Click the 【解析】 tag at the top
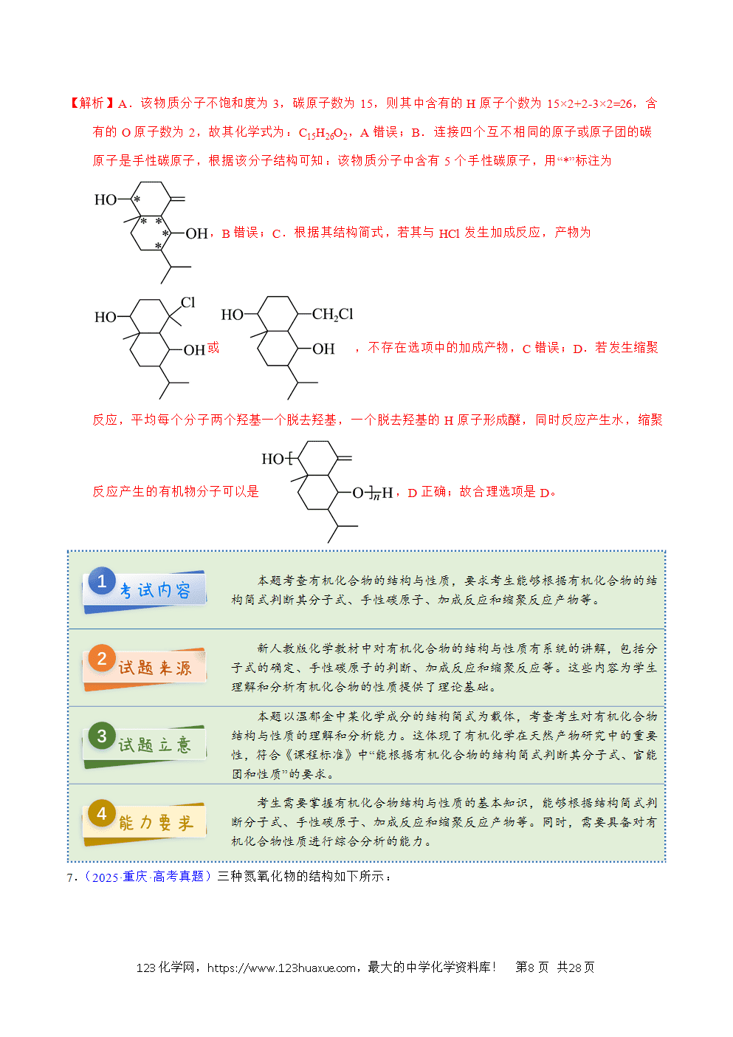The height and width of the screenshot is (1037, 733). click(x=92, y=103)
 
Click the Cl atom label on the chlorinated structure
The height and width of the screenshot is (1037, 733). click(x=187, y=302)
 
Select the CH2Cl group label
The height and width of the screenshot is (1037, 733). click(x=332, y=315)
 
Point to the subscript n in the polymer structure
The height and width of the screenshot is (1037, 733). click(x=376, y=497)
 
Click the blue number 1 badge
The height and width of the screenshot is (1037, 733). click(x=102, y=581)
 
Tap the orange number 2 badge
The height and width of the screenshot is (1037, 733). click(x=102, y=658)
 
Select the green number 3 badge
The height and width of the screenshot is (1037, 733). click(x=102, y=735)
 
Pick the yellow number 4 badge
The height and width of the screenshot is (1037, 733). click(x=102, y=813)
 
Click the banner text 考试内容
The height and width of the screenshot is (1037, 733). click(x=155, y=590)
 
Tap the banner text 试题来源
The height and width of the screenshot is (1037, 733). click(x=155, y=668)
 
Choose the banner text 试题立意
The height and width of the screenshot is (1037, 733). click(x=155, y=745)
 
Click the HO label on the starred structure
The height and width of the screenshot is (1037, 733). click(x=106, y=199)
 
